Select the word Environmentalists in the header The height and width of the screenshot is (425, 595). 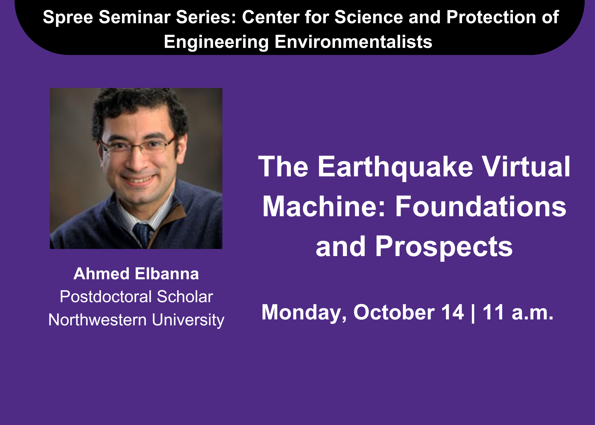pos(353,42)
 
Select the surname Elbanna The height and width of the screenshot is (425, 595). pos(167,274)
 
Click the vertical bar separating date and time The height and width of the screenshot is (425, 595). pos(473,313)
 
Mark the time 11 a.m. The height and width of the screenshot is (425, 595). pos(518,313)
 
